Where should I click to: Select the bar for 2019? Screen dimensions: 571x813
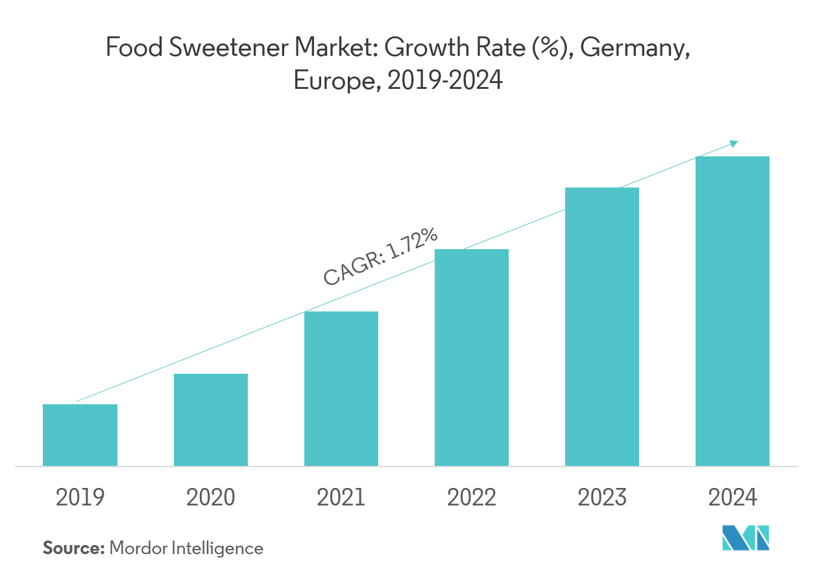tap(80, 435)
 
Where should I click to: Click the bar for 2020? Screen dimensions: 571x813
tap(210, 420)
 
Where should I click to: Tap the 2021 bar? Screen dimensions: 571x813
tap(341, 389)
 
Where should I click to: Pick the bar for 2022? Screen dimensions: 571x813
tap(472, 358)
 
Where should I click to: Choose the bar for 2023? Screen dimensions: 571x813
tap(602, 326)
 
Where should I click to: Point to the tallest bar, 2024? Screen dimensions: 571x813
tap(733, 311)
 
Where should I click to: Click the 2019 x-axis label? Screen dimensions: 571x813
tap(80, 498)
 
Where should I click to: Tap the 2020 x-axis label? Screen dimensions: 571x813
tap(210, 498)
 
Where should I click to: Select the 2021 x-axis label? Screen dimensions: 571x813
tap(341, 498)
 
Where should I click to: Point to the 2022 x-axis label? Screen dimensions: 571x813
tap(472, 498)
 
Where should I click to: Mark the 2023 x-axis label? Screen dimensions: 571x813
tap(602, 498)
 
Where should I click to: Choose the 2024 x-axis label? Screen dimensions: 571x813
tap(733, 498)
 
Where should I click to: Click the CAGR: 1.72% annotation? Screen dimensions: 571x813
tap(380, 258)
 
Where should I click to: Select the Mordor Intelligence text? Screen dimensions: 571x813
tap(186, 548)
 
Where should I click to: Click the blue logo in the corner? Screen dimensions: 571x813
tap(746, 538)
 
